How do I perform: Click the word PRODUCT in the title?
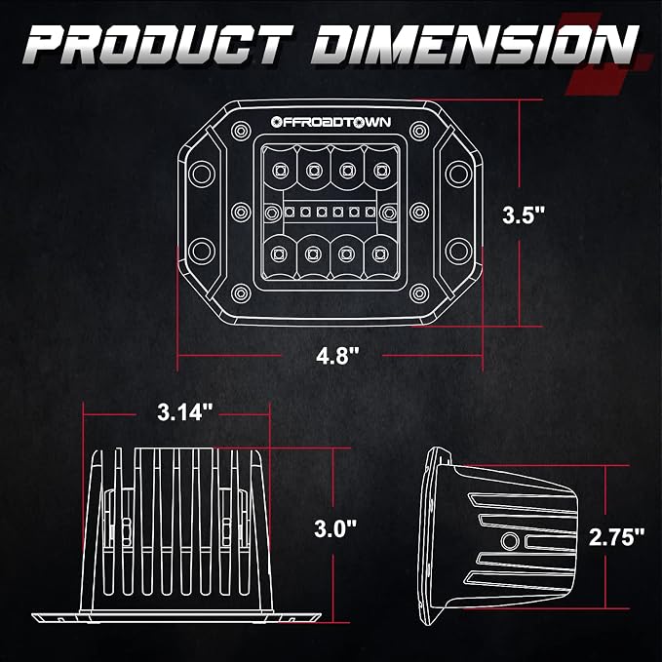[x=158, y=45]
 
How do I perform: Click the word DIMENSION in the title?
[x=475, y=45]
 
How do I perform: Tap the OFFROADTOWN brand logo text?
[x=331, y=122]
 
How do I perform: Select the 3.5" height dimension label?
[x=524, y=214]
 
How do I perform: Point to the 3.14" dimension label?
[x=185, y=411]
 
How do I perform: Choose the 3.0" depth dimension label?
[x=335, y=528]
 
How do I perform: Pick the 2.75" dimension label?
[x=617, y=537]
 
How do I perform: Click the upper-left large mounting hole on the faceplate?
[x=202, y=174]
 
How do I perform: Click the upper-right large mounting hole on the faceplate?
[x=458, y=174]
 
